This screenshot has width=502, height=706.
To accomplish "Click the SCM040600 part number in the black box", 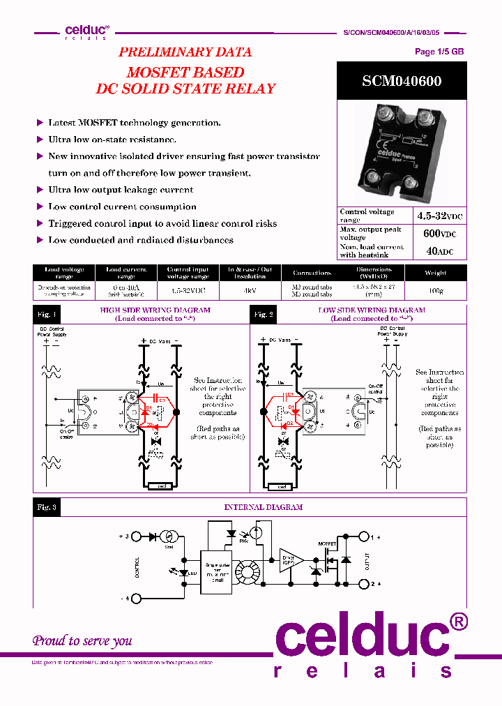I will [401, 81].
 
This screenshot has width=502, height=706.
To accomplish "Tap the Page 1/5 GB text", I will [439, 52].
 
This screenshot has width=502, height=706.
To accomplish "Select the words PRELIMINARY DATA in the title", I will [185, 52].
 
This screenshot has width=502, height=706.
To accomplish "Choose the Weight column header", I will [435, 273].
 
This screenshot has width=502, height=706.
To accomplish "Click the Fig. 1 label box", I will [47, 315].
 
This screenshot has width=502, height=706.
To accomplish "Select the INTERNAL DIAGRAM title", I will [264, 508].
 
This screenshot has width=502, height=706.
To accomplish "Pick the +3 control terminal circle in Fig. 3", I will [137, 536].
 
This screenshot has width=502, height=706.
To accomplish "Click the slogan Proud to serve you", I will [82, 640].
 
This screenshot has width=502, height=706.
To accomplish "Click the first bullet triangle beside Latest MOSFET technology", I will [40, 123].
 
